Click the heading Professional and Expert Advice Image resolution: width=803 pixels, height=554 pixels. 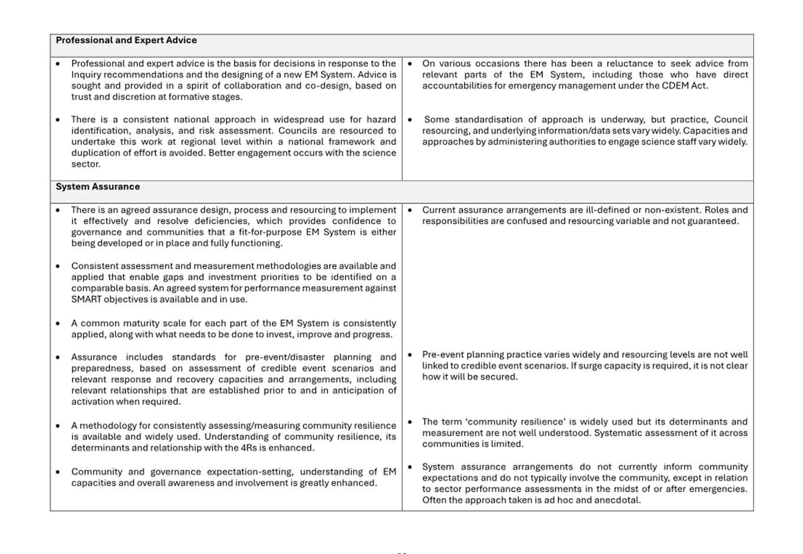tap(126, 40)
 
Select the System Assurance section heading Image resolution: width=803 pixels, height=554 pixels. tap(98, 186)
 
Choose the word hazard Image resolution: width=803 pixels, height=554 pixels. tap(381, 119)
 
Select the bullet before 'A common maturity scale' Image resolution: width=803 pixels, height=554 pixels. tap(58, 324)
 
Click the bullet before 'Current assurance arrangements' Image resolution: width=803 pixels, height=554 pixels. tap(410, 210)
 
